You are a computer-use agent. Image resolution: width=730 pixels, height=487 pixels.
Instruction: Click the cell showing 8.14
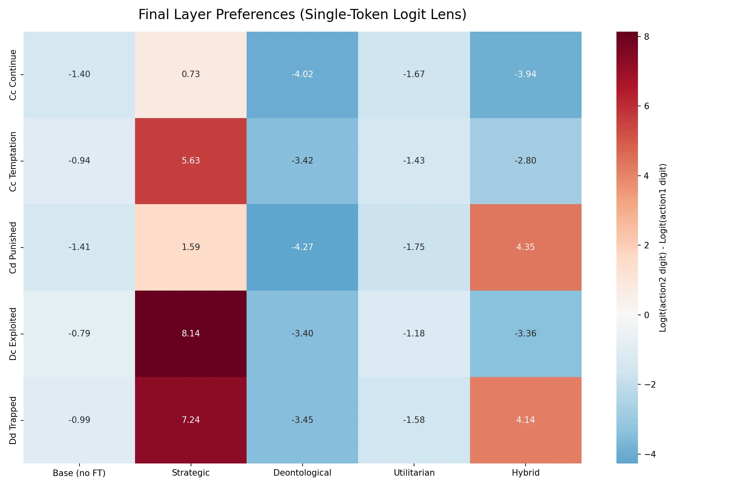191,334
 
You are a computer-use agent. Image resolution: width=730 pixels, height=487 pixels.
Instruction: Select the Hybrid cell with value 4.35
526,247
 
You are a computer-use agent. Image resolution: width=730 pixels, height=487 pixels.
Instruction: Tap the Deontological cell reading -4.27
302,247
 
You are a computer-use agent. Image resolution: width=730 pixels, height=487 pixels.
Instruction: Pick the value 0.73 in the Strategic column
191,74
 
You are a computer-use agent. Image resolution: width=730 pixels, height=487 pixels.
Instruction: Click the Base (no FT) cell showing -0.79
79,334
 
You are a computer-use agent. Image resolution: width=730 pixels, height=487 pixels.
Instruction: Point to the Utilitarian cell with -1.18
414,334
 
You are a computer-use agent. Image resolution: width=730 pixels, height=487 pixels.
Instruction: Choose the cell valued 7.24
191,420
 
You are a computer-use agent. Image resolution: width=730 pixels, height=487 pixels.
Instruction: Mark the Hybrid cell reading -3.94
526,74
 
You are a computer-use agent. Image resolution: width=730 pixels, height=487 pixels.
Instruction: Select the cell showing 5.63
191,161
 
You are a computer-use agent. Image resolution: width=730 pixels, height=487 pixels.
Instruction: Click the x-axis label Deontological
302,473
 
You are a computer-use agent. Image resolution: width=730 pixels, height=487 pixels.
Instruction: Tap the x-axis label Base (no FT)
79,473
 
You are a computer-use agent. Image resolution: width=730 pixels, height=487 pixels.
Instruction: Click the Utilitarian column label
414,473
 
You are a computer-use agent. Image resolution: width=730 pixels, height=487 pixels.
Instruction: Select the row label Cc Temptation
13,161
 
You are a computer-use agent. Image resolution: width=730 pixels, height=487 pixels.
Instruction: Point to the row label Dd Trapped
13,420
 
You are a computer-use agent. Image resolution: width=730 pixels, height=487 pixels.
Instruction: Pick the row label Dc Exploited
13,334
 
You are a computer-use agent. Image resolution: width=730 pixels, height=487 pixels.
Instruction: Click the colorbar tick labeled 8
646,37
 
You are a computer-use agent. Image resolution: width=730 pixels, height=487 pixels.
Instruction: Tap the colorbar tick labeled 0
646,315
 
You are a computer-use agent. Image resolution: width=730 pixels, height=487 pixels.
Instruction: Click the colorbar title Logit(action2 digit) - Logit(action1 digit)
663,248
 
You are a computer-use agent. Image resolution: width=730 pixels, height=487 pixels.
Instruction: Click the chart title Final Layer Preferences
302,15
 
